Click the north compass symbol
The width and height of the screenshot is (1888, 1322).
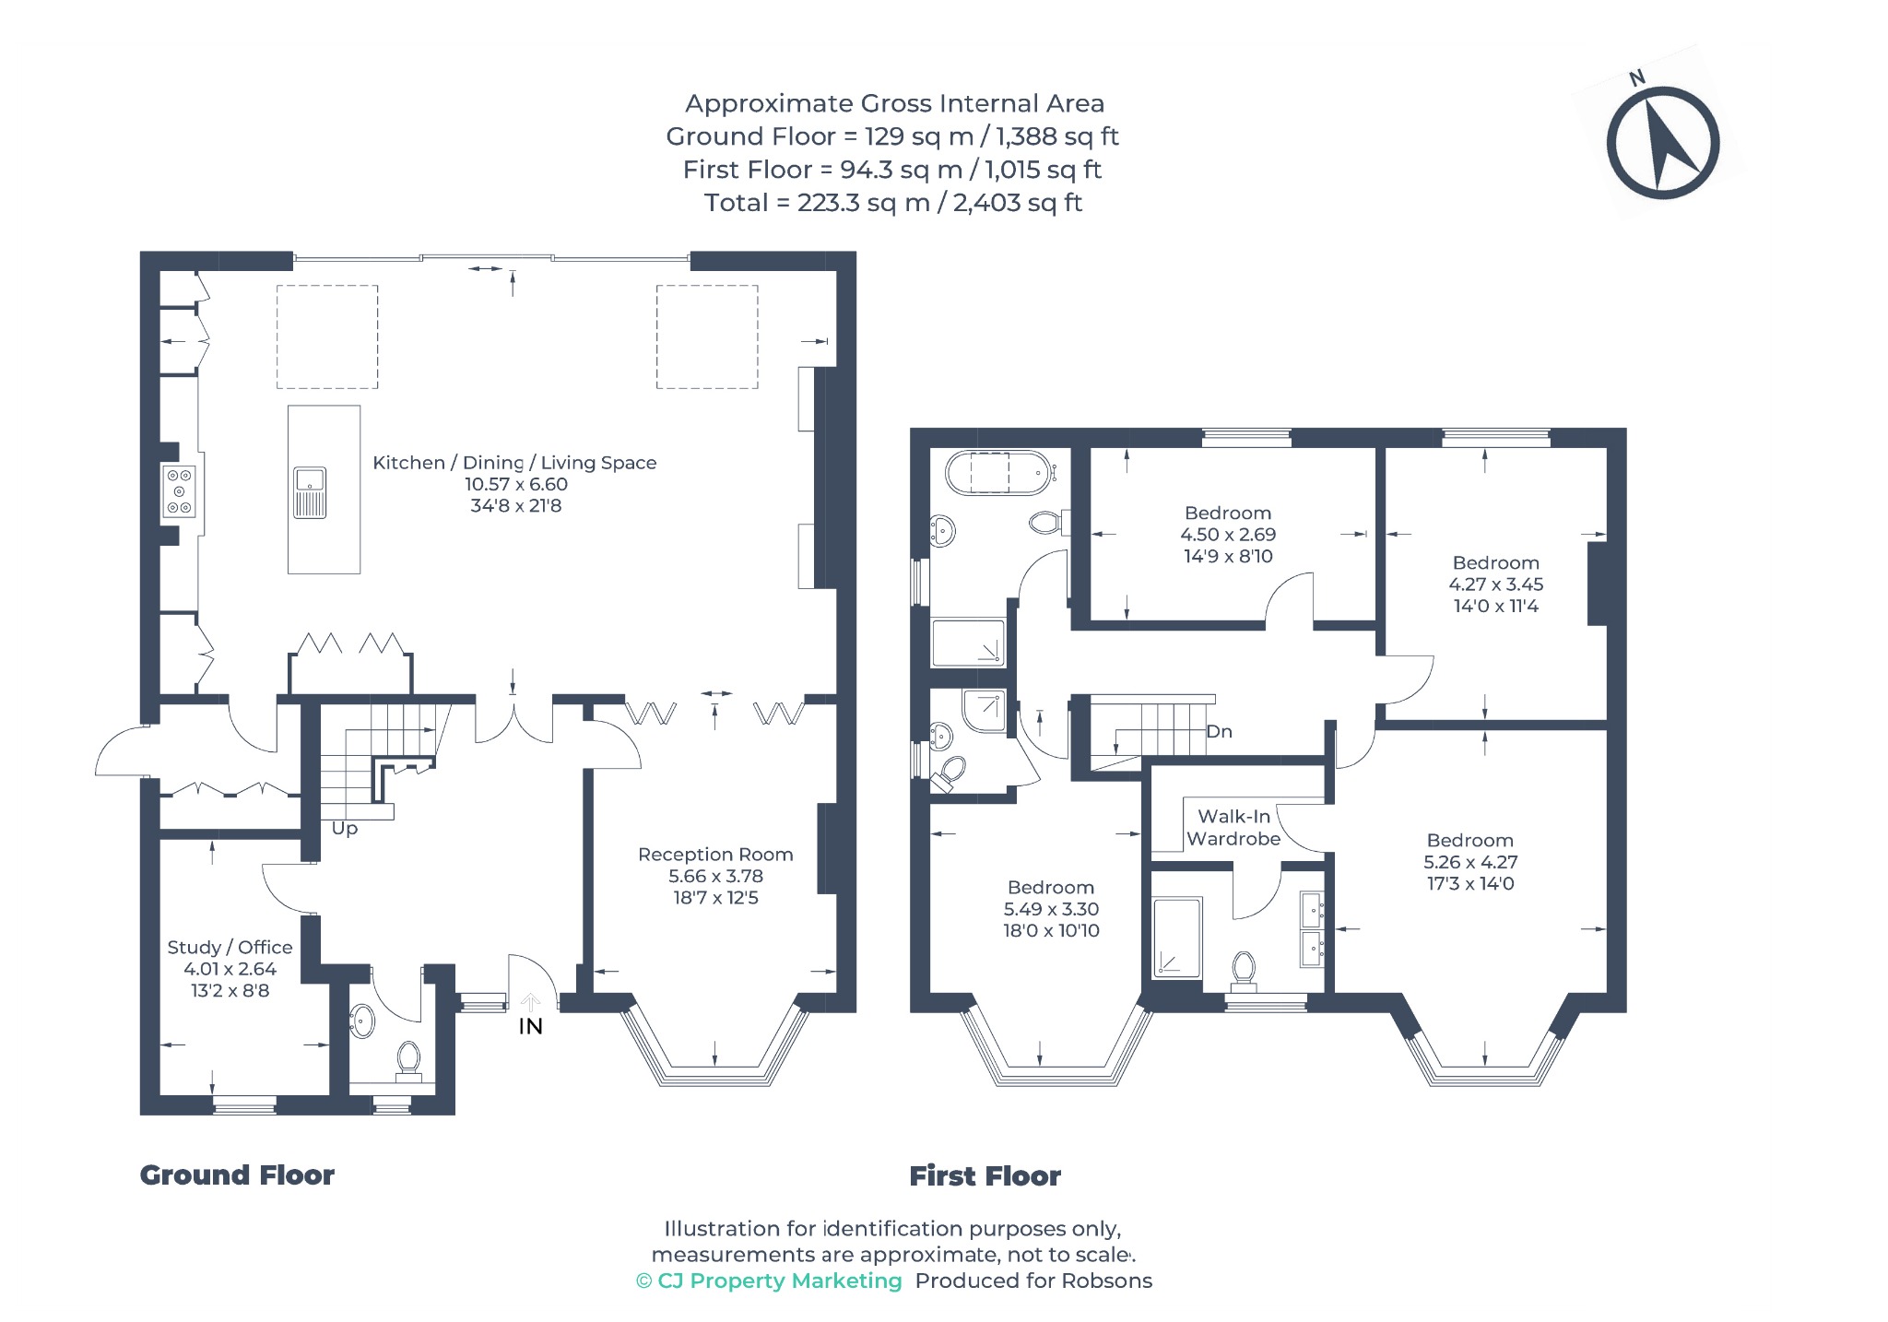(1662, 143)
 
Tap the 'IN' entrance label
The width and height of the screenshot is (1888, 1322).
(530, 1026)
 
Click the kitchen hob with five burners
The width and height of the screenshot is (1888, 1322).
(179, 491)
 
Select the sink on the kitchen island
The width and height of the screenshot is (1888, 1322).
(310, 492)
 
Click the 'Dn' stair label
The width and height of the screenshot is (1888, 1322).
(1219, 731)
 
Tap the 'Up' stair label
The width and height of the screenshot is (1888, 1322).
(345, 828)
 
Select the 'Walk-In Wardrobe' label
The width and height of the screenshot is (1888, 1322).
(1233, 827)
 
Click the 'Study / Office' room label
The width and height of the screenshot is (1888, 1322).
(230, 947)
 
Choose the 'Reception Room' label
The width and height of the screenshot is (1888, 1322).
(715, 855)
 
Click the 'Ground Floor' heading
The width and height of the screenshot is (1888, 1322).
(237, 1174)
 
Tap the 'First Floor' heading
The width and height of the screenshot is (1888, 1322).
(985, 1175)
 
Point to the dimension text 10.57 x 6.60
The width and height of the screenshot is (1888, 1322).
(516, 484)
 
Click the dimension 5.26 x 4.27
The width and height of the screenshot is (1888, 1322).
(1470, 862)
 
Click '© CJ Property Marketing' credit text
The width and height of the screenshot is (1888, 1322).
(769, 1281)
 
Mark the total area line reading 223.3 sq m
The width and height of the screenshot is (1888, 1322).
(892, 203)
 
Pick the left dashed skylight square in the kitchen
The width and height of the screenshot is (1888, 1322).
(327, 336)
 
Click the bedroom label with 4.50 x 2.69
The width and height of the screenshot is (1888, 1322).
(1228, 513)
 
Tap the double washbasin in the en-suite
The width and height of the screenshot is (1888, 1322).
(1312, 929)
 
